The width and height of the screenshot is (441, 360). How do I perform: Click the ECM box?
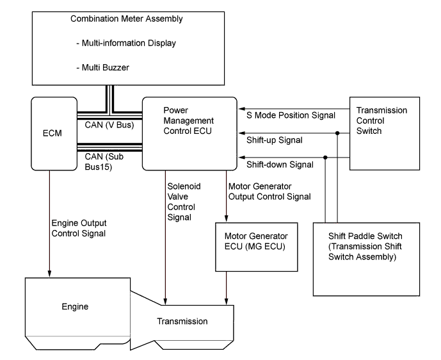click(53, 134)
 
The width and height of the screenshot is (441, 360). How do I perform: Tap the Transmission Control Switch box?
click(384, 133)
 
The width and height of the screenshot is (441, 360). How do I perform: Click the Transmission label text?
click(184, 321)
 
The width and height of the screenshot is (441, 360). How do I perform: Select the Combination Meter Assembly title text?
click(126, 19)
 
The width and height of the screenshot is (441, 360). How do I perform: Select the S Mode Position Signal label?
click(291, 115)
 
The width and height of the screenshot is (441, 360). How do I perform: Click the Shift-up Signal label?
click(275, 140)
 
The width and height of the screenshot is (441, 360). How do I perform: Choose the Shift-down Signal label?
click(280, 165)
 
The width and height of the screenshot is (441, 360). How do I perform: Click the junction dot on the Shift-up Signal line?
click(337, 133)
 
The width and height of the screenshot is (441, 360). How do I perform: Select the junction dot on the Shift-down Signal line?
click(325, 158)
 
